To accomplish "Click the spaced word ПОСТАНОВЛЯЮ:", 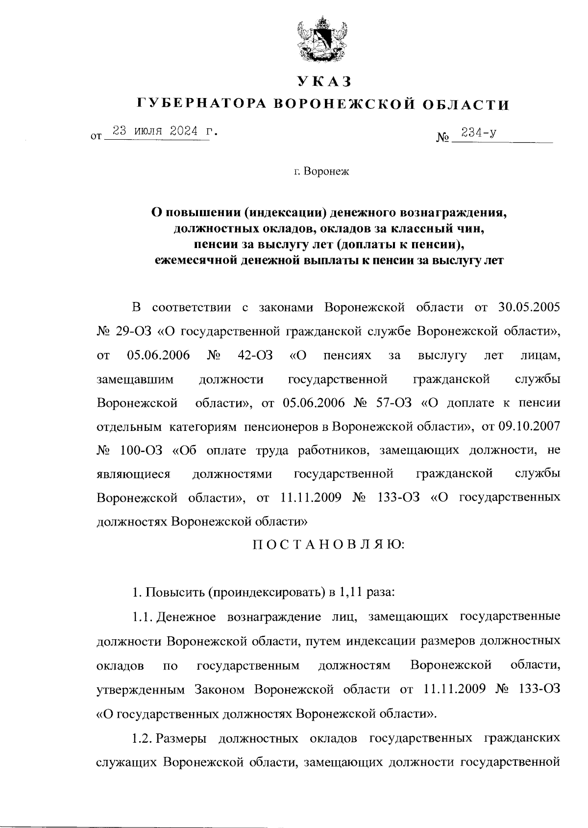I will click(328, 545).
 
